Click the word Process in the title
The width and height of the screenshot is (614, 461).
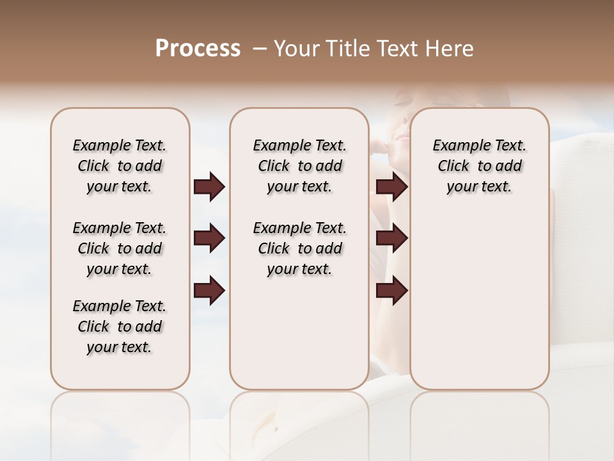[x=198, y=49]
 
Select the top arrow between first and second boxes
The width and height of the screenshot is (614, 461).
[x=209, y=187]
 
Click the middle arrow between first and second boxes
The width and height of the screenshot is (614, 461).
[x=209, y=238]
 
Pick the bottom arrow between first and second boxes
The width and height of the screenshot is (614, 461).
[x=209, y=291]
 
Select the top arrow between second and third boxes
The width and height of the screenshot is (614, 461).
[x=391, y=187]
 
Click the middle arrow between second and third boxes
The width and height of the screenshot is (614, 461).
[x=391, y=238]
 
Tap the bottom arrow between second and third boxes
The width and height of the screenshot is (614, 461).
[x=391, y=291]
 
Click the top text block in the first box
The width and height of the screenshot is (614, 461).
[x=120, y=166]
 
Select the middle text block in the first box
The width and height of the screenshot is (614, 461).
[x=120, y=248]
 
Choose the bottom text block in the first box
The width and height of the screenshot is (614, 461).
[x=120, y=327]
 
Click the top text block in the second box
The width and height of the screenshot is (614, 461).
[x=300, y=166]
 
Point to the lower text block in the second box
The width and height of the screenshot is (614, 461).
[x=300, y=248]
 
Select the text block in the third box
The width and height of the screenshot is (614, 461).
[x=480, y=166]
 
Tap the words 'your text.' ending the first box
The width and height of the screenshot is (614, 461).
[x=120, y=347]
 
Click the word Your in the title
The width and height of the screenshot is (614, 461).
[x=292, y=49]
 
